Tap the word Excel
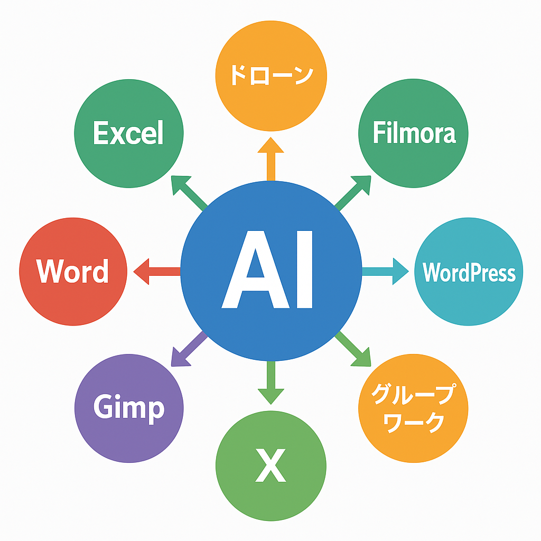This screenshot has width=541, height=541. pyautogui.click(x=128, y=133)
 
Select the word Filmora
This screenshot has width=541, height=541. pyautogui.click(x=414, y=132)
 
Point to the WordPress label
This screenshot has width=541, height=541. pyautogui.click(x=469, y=272)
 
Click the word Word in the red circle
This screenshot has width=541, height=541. pyautogui.click(x=72, y=271)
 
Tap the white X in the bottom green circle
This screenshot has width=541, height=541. pyautogui.click(x=271, y=465)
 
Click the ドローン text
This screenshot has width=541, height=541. pyautogui.click(x=272, y=75)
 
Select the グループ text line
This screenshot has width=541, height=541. pyautogui.click(x=413, y=394)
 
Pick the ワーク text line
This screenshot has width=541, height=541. pyautogui.click(x=414, y=423)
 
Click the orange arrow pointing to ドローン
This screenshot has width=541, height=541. pyautogui.click(x=271, y=158)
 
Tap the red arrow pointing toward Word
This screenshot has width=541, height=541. pyautogui.click(x=157, y=272)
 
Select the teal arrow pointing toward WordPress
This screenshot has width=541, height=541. pyautogui.click(x=385, y=272)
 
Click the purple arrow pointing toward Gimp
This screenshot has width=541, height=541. pyautogui.click(x=189, y=349)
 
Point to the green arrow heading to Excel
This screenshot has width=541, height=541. pyautogui.click(x=189, y=193)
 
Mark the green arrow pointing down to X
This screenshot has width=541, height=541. pyautogui.click(x=271, y=383)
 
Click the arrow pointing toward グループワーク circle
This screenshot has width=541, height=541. pyautogui.click(x=353, y=349)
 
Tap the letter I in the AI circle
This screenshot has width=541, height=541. pyautogui.click(x=305, y=269)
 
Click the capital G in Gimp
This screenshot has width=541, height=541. pyautogui.click(x=102, y=407)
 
